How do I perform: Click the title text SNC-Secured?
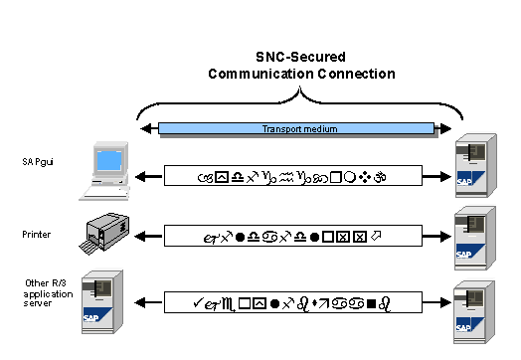pos(300,58)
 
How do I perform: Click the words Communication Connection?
pos(300,74)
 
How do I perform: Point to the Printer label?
pos(36,235)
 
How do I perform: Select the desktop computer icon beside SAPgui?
pos(110,166)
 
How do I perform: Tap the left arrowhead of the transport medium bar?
pos(147,128)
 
